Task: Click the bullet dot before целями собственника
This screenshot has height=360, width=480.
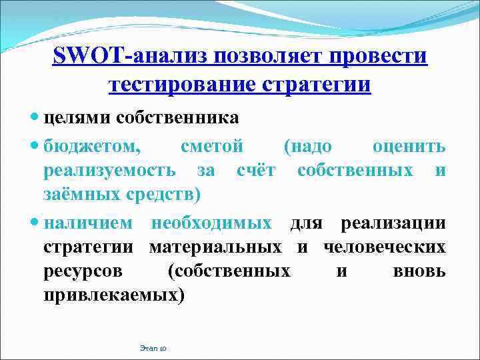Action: point(35,119)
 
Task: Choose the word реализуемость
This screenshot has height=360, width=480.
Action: point(109,170)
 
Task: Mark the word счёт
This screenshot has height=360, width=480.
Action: point(256,170)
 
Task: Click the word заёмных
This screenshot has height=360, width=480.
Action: point(75,195)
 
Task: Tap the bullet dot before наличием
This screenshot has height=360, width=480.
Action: point(35,222)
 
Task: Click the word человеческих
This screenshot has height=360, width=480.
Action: point(385,247)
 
